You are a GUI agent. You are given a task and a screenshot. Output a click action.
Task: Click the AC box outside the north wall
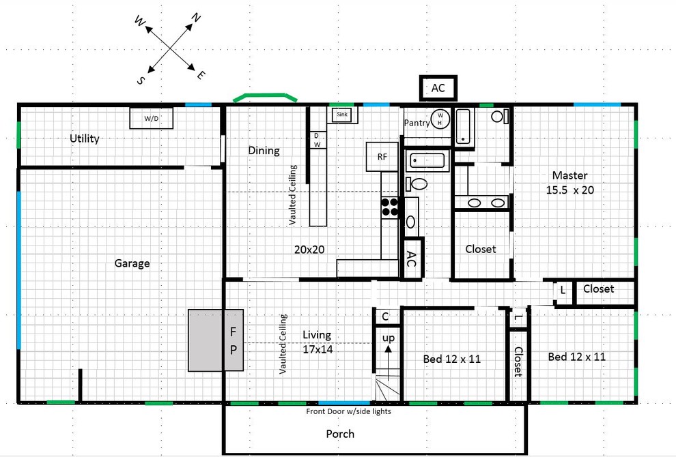coord(438,88)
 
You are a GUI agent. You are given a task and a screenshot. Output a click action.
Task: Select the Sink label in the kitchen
coord(342,115)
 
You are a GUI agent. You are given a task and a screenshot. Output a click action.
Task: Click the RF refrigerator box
coord(382,157)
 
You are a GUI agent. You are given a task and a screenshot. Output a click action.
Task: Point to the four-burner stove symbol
coord(390,207)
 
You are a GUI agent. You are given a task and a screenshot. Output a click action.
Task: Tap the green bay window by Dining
coord(265,98)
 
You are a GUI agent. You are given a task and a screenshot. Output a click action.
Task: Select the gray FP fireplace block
coord(215,340)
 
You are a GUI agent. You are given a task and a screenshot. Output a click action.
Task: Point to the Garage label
coord(132,263)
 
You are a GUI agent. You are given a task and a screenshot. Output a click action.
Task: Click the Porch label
coord(339,434)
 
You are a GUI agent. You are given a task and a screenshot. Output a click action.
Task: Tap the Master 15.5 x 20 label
coord(569,183)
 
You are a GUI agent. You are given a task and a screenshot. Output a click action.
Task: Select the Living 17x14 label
coord(317,342)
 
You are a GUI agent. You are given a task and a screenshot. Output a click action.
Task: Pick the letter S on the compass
coord(141,80)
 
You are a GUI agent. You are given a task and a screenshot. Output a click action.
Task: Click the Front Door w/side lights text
coord(348,411)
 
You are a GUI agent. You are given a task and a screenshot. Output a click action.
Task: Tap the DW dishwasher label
coord(317,140)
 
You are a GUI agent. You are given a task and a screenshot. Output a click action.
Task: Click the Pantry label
coord(417,123)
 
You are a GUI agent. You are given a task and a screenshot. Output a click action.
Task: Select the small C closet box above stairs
coord(385,316)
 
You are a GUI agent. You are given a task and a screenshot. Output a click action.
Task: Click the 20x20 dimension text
coord(309,250)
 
